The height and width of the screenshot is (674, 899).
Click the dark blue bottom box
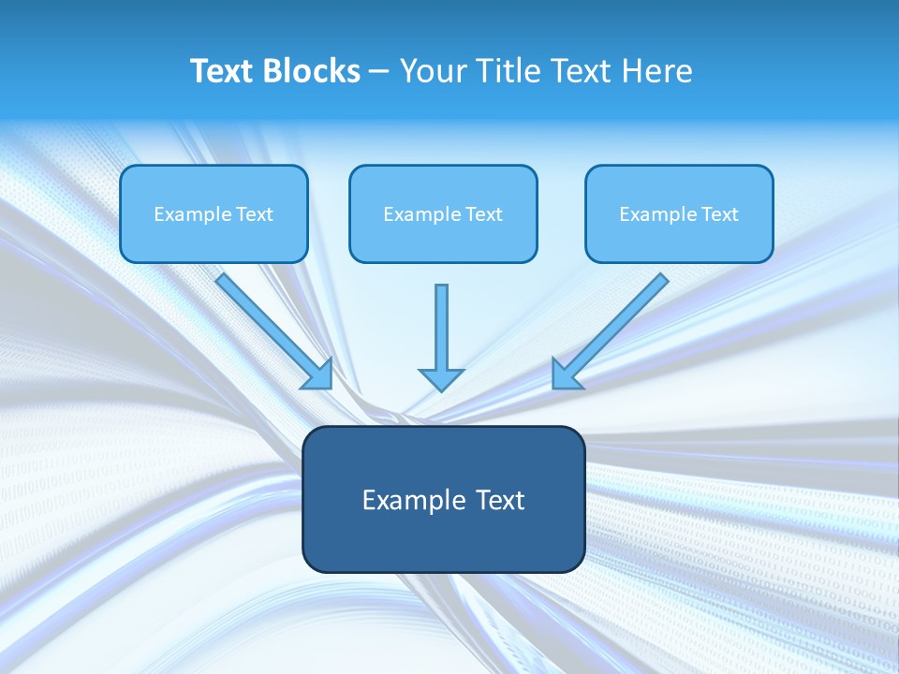click(x=443, y=543)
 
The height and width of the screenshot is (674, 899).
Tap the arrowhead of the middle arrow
click(x=441, y=378)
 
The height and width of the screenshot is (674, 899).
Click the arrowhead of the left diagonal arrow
click(x=318, y=374)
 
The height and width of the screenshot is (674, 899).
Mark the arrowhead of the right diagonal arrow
click(x=566, y=374)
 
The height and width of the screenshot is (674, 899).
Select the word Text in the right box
click(x=719, y=214)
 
